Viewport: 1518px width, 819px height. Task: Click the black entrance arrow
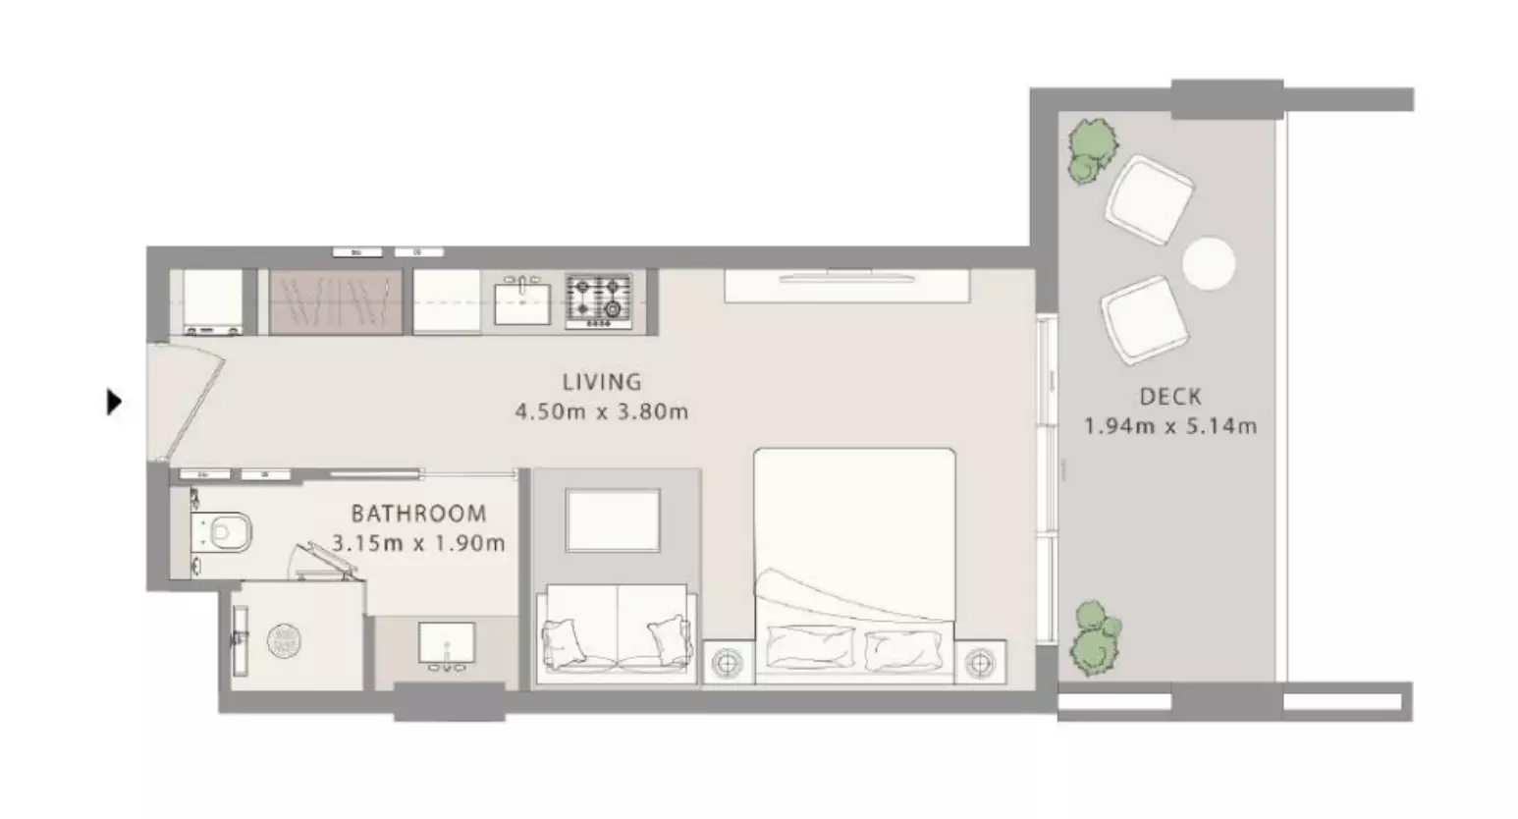114,402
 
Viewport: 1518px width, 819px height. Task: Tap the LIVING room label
602,382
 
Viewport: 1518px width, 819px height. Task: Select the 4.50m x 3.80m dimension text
602,411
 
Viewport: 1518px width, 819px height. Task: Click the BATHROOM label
419,514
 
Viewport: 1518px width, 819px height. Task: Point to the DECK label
1170,397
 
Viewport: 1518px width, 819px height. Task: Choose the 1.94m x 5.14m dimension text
1170,426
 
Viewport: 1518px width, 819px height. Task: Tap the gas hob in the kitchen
599,301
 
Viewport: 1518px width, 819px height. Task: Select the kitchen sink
521,303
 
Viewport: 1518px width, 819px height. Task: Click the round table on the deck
1209,264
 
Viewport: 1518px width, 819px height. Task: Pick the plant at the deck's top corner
1092,151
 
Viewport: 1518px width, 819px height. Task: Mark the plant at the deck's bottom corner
1095,638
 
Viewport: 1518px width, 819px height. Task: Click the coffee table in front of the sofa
613,520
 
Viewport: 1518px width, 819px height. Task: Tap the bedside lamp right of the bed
980,663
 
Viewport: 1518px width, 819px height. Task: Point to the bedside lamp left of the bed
727,663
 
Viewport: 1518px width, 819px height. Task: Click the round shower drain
284,640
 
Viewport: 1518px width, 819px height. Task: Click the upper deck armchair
1150,200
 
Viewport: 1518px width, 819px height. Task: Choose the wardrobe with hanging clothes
336,301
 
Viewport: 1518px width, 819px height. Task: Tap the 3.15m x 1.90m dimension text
419,543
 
